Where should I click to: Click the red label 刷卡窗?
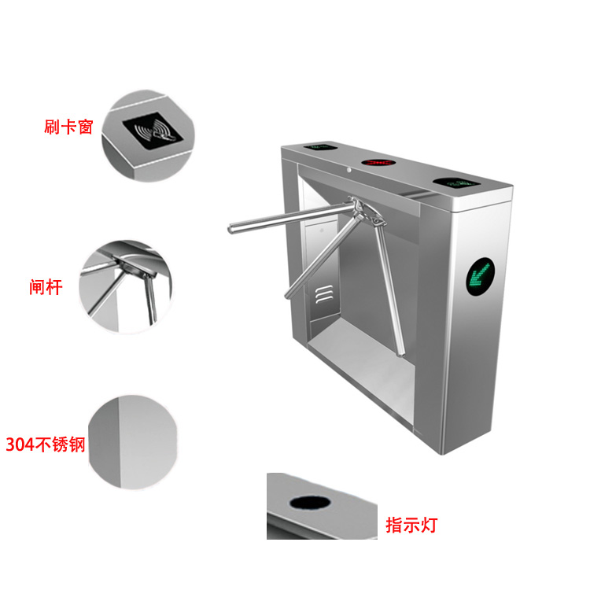coord(68,127)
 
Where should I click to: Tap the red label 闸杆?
coord(46,287)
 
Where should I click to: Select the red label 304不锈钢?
coord(46,444)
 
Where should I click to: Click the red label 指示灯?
coord(411,525)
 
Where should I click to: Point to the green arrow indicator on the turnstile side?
coord(480,277)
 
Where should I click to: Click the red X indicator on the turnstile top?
coord(378,163)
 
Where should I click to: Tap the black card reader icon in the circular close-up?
coord(153,131)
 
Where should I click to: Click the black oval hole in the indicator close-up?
coord(310,503)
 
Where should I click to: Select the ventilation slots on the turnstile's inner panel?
coord(324,294)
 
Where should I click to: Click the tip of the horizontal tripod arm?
coord(230,228)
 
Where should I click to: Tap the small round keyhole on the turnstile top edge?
coord(349,170)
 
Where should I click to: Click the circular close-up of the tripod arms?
coord(125,286)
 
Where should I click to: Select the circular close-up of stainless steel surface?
coord(132,442)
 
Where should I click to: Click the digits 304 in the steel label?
coord(20,444)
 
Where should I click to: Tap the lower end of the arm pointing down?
coord(401,353)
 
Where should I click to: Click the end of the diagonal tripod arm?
coord(289,295)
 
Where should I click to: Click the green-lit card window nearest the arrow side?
coord(456,183)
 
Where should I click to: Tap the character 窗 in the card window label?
coord(86,127)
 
